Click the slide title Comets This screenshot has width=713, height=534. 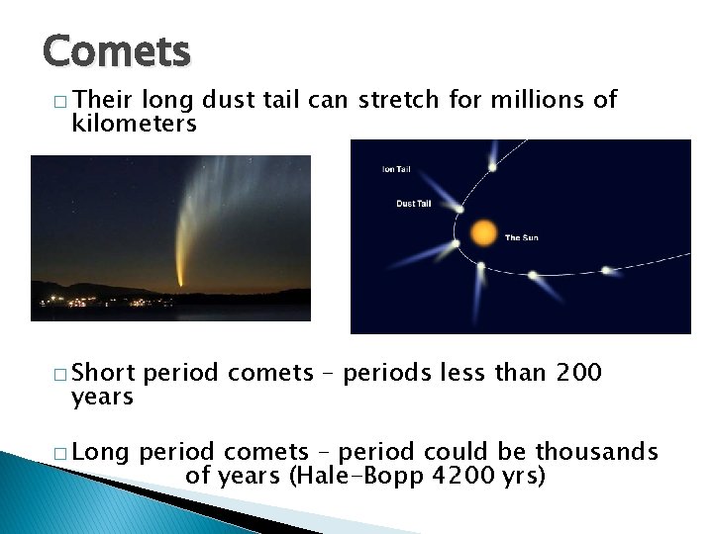point(117,50)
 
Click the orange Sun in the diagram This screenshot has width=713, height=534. point(482,232)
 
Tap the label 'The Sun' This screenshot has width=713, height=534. point(522,237)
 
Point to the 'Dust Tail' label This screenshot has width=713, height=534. point(413,204)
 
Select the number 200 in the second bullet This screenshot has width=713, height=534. point(578,373)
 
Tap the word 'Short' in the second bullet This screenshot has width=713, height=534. point(105,373)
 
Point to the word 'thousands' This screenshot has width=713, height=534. point(596,452)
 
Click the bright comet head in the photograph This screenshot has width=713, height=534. point(180,283)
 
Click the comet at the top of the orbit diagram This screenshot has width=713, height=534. point(492,166)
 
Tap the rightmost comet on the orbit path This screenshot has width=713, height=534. point(605,269)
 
